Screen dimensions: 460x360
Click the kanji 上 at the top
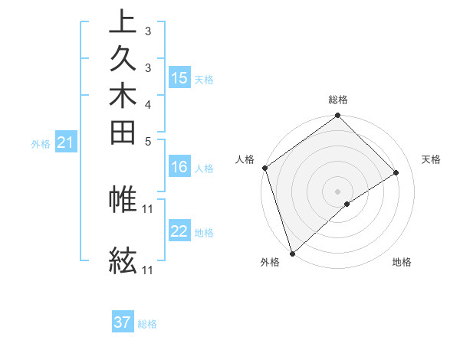coord(123,21)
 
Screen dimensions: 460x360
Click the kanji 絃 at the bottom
coord(123,260)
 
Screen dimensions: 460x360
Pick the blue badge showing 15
coord(179,78)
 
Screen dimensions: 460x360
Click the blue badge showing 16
coord(179,168)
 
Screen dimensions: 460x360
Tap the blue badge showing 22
coord(179,232)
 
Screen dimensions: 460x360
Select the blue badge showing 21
coord(66,142)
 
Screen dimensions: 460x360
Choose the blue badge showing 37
coord(123,322)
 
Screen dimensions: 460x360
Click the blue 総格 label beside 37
coord(147,324)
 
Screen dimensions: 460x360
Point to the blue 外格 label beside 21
coord(41,143)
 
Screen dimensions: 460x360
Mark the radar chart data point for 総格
coord(337,116)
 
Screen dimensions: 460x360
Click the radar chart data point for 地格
coord(347,204)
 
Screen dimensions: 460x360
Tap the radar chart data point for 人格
coord(264,168)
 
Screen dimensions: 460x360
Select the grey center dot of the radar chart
coord(337,191)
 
